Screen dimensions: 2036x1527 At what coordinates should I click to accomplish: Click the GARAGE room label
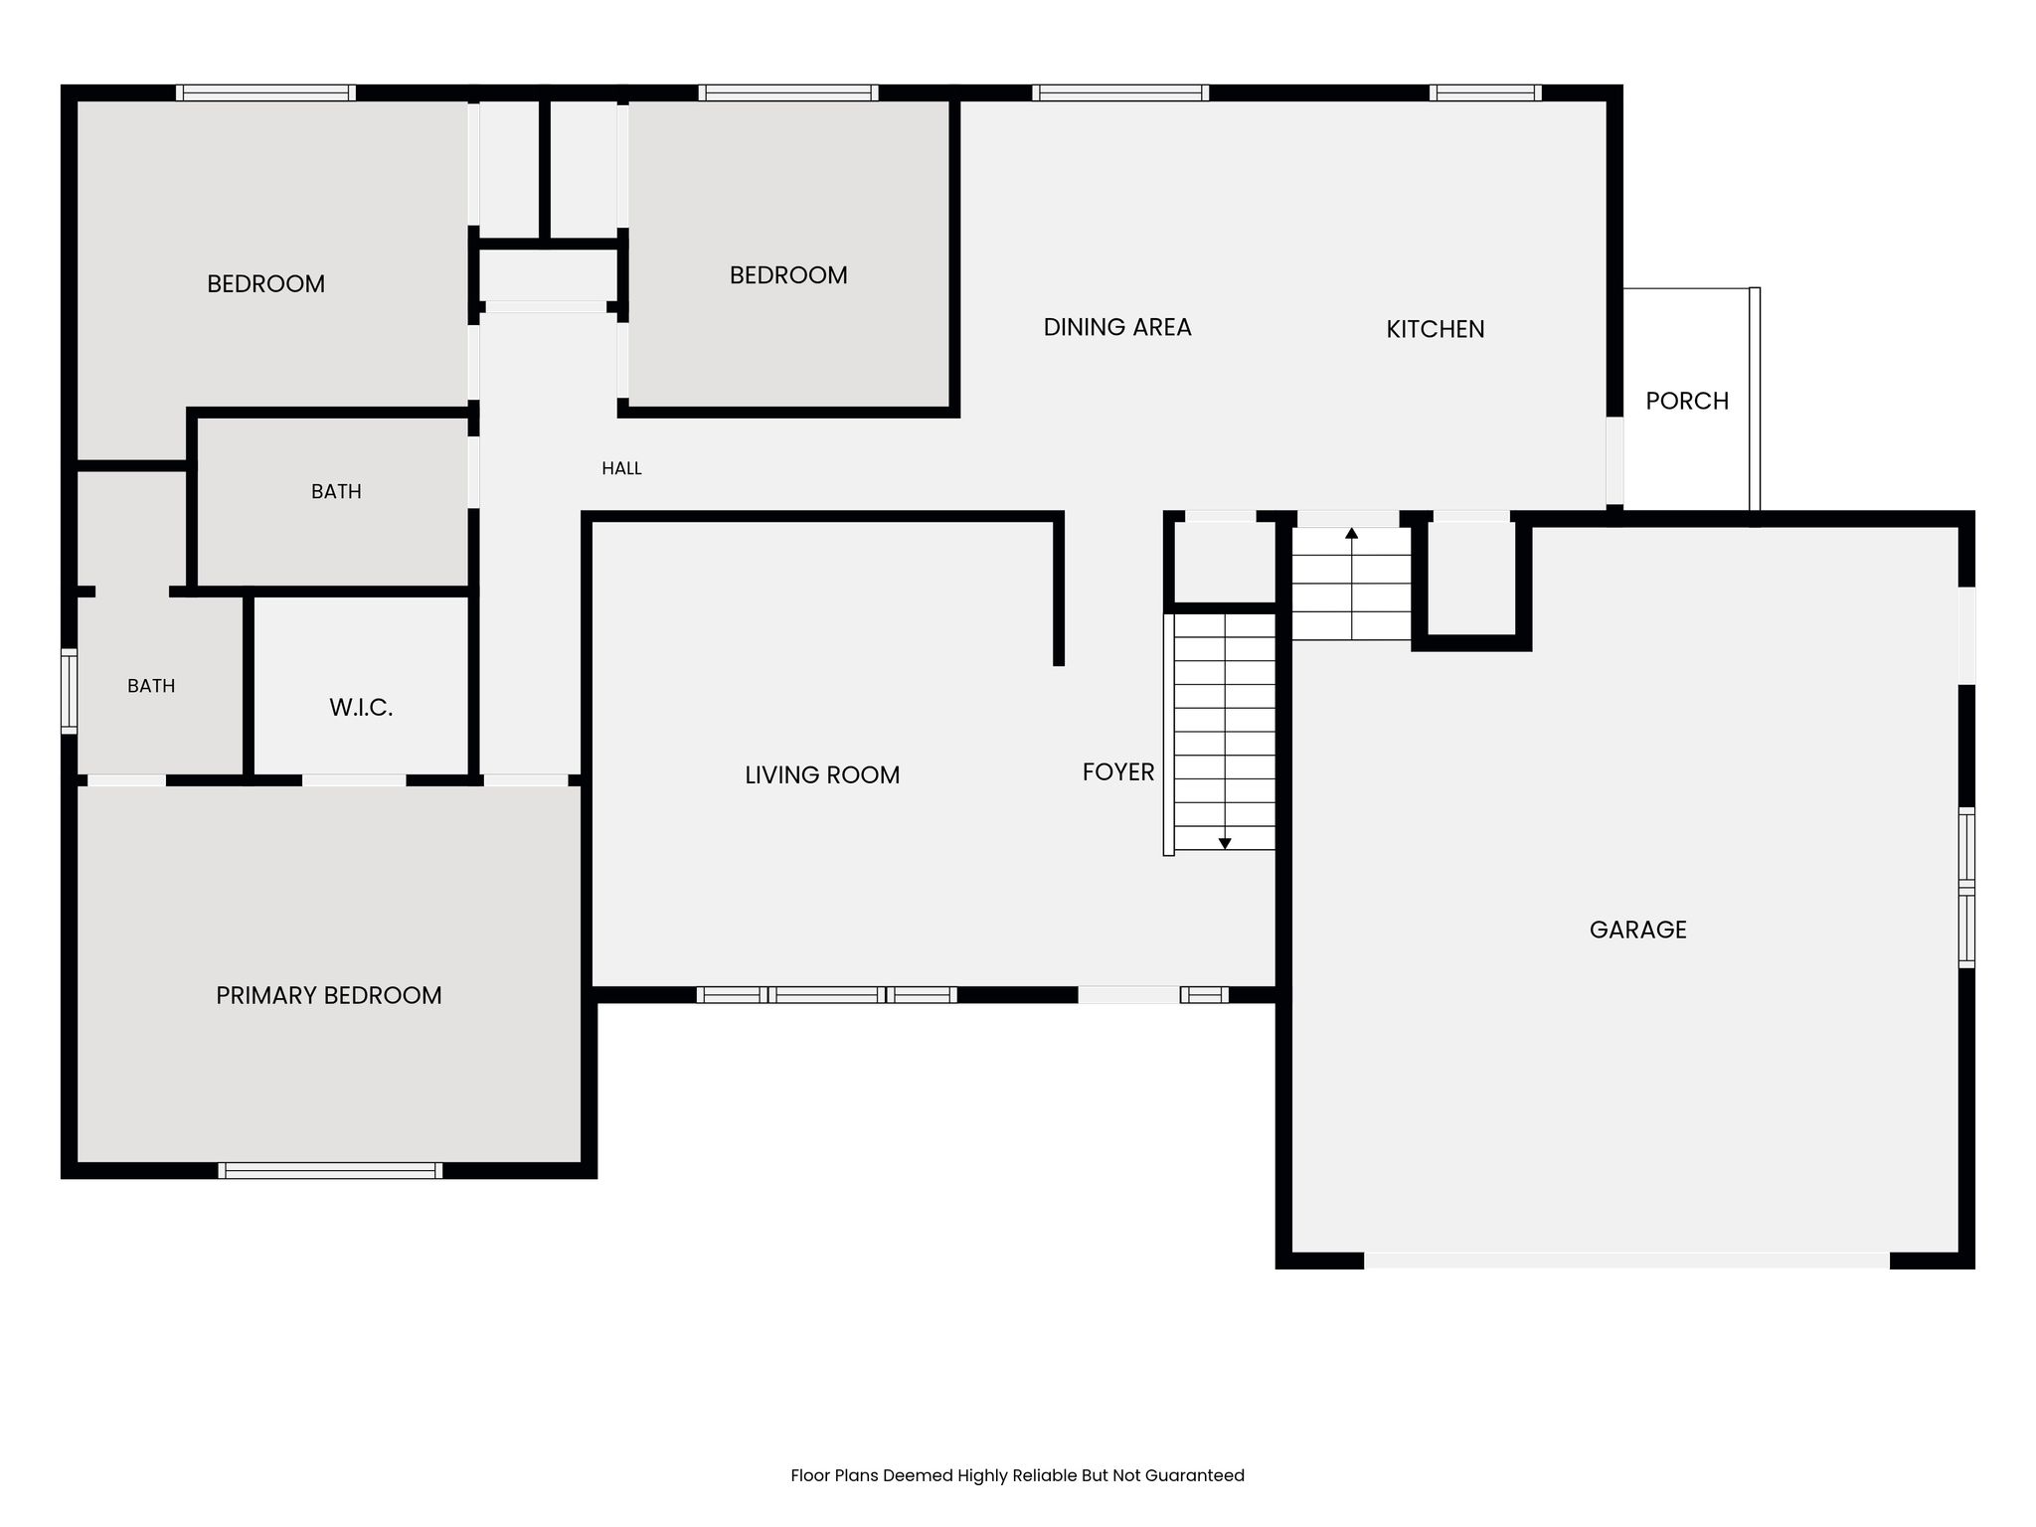[1637, 930]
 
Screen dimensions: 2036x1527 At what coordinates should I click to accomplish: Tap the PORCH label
[1687, 401]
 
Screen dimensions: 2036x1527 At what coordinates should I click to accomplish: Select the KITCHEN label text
[1436, 329]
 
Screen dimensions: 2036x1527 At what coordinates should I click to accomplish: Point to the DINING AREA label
[1117, 327]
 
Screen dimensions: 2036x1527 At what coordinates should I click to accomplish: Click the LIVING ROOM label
[822, 774]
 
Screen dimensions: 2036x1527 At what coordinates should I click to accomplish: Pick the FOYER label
[1118, 771]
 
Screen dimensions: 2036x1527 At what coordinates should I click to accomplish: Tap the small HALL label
[621, 468]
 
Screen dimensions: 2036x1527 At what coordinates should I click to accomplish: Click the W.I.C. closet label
[361, 708]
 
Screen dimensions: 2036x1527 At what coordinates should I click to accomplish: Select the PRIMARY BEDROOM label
[329, 995]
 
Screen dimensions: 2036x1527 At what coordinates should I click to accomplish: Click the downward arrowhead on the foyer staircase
[1225, 843]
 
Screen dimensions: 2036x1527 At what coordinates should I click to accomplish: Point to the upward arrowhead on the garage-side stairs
[1352, 534]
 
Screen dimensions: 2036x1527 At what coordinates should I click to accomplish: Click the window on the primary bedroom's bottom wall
[330, 1170]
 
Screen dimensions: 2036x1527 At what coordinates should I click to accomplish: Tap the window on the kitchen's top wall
[1485, 92]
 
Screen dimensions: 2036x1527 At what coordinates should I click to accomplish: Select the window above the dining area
[1120, 92]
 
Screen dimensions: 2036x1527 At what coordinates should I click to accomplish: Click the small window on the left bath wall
[69, 691]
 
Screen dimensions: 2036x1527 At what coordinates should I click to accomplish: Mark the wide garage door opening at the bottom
[1626, 1261]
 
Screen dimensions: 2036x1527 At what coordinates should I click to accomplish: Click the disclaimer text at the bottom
[1017, 1475]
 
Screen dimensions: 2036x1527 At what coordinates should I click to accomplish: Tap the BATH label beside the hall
[336, 491]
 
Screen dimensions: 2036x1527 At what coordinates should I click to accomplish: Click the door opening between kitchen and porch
[1614, 460]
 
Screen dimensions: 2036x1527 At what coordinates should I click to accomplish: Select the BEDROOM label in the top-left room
[265, 284]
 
